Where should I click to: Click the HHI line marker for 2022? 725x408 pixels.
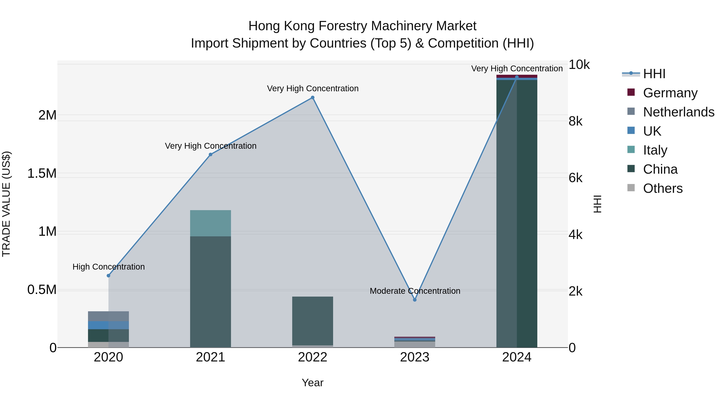tap(312, 98)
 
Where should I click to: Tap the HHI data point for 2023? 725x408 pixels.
tap(415, 300)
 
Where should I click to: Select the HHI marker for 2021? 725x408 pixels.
tap(210, 155)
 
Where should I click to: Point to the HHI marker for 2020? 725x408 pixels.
tap(108, 276)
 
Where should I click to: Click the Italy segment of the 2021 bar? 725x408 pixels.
tap(210, 223)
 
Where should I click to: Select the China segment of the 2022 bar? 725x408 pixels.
tap(312, 321)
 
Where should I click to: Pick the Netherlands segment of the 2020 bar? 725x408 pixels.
tap(108, 316)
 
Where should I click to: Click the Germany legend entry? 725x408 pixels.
tap(670, 93)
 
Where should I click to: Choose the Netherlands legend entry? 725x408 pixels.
tap(678, 112)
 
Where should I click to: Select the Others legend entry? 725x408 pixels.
tap(663, 188)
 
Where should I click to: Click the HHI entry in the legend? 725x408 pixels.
tap(654, 74)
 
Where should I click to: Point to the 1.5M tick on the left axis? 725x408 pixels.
tap(42, 173)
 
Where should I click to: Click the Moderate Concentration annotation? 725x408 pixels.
tap(415, 291)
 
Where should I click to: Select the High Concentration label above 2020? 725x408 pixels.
tap(109, 267)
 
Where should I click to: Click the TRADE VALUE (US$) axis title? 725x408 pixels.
tap(6, 204)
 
